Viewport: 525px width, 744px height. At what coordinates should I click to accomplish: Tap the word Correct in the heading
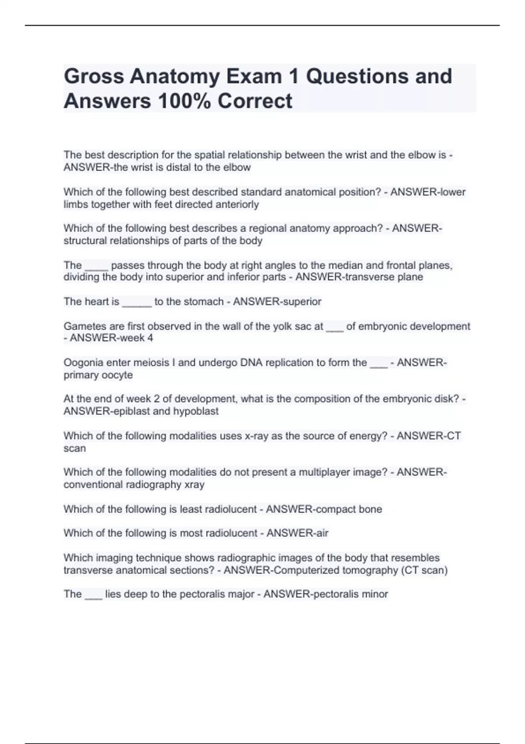coord(255,101)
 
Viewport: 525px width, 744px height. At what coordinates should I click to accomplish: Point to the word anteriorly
coord(238,204)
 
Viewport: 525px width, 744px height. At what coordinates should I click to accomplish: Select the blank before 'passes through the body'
coord(96,266)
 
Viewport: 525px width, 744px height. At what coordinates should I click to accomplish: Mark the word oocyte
coord(117,375)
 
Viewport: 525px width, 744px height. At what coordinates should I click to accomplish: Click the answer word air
coord(322,533)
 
